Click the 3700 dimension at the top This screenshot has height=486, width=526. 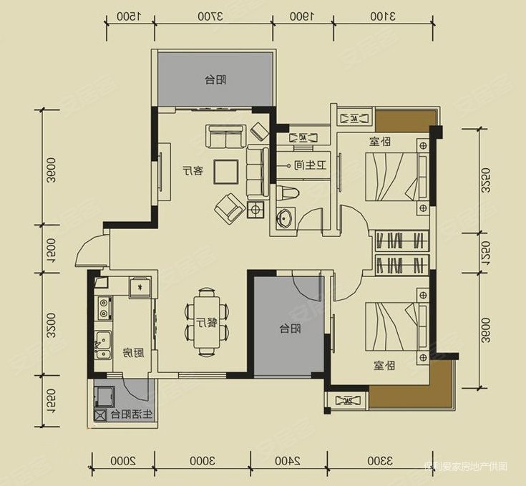click(x=214, y=16)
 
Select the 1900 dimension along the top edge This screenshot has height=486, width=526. click(x=304, y=16)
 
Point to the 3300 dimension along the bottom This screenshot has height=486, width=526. click(x=380, y=460)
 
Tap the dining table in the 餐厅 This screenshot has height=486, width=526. click(x=207, y=322)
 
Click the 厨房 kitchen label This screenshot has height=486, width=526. click(x=130, y=353)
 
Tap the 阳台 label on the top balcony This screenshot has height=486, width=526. click(x=215, y=79)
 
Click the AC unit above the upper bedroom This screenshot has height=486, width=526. click(x=354, y=117)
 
